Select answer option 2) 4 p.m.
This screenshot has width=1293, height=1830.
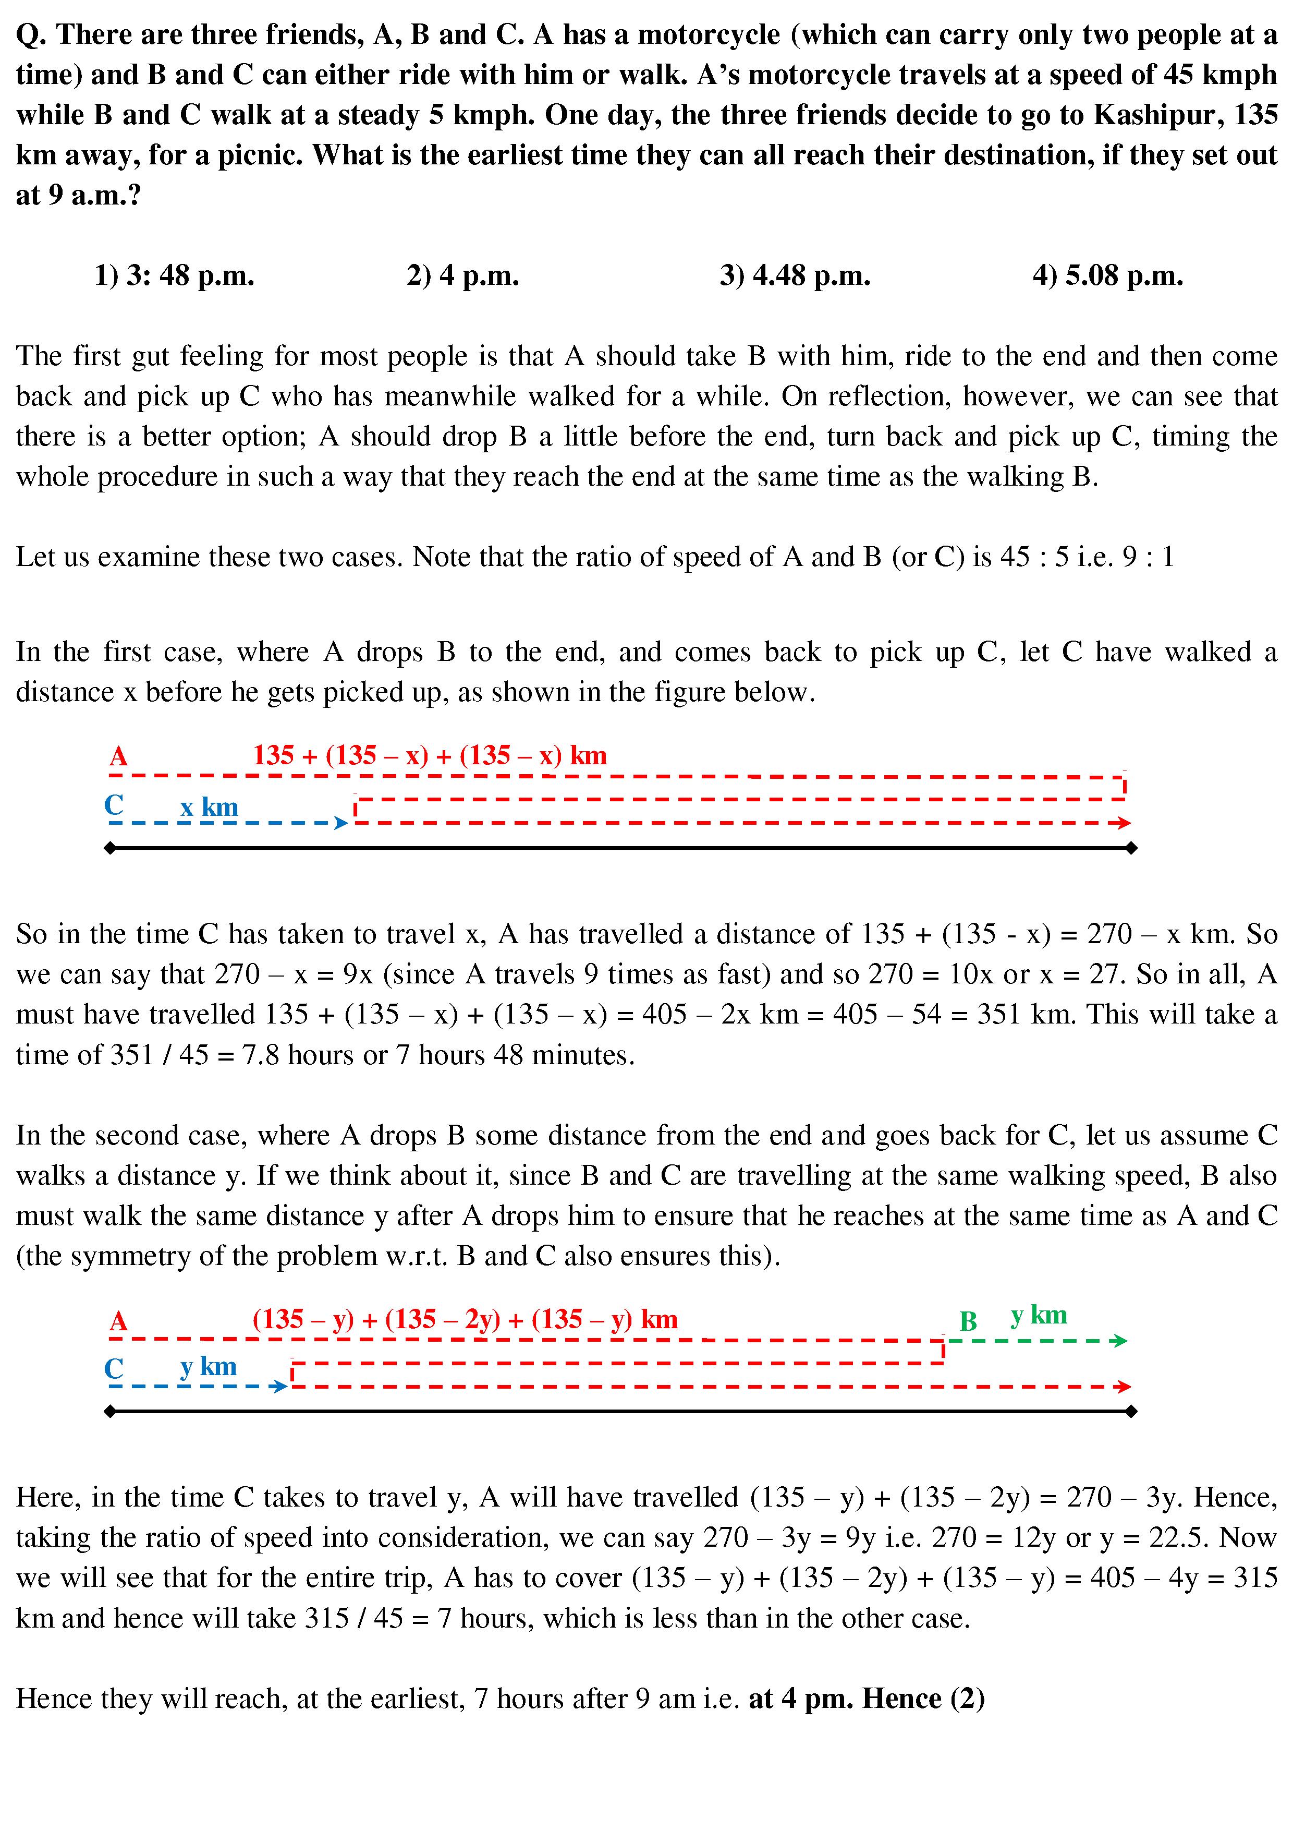pos(462,276)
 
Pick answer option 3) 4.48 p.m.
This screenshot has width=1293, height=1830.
pos(794,276)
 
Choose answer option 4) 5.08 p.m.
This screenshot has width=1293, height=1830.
pos(1107,276)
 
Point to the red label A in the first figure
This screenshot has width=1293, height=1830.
pos(119,755)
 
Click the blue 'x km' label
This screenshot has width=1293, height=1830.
pos(209,808)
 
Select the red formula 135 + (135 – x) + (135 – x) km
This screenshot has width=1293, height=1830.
pos(430,755)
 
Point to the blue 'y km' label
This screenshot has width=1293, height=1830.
pos(209,1367)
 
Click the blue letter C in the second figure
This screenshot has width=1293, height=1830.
pos(114,1368)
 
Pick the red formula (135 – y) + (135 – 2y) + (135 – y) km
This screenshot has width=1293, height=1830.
pos(465,1319)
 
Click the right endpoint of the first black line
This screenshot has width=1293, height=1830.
pos(1131,849)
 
